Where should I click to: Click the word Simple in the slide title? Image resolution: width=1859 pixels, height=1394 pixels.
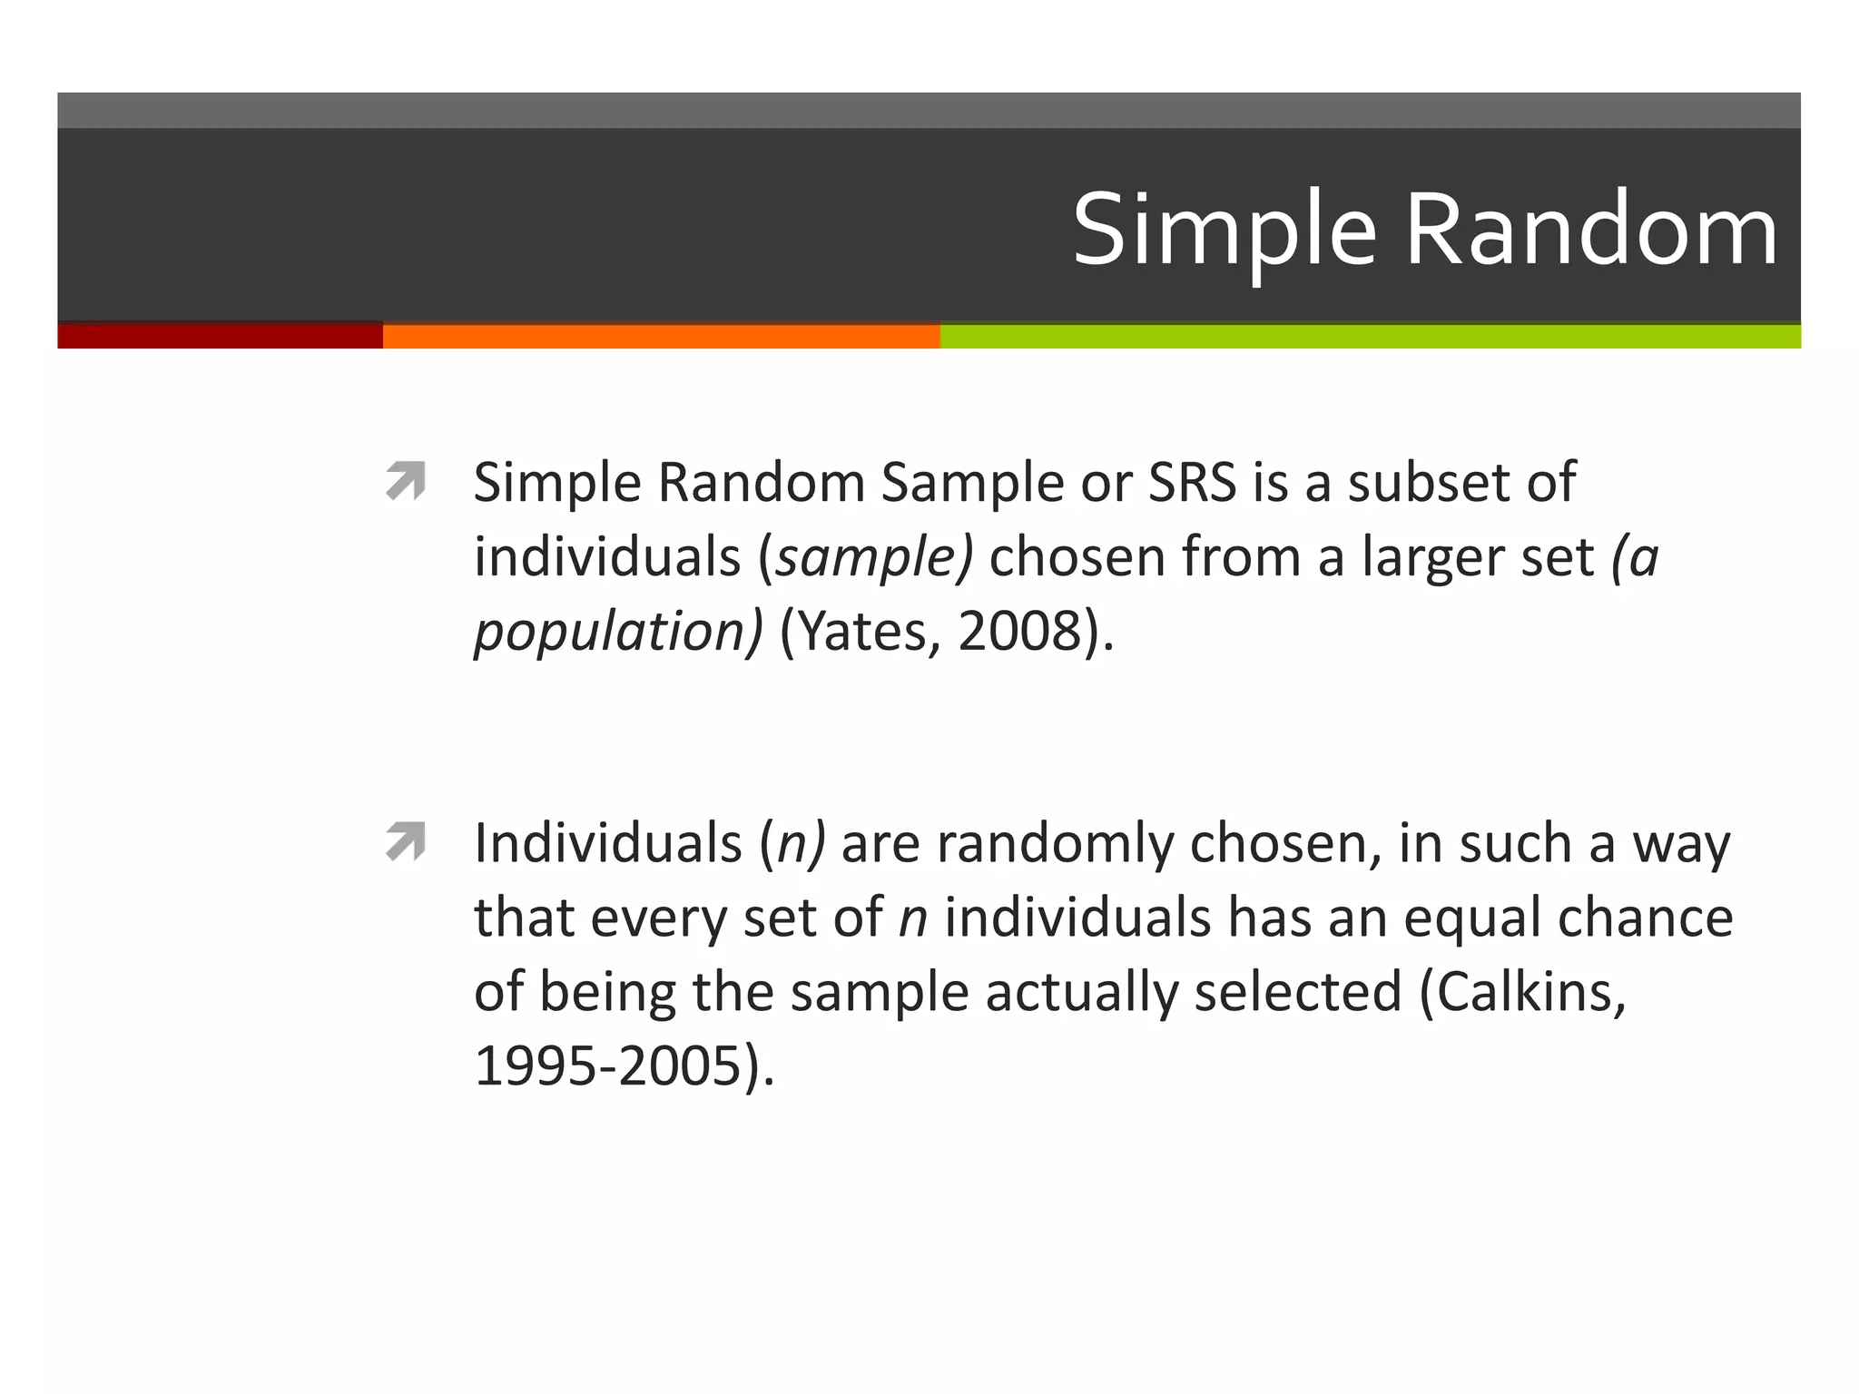pyautogui.click(x=1225, y=231)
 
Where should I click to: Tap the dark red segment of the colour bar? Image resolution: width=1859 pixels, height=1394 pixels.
pyautogui.click(x=220, y=336)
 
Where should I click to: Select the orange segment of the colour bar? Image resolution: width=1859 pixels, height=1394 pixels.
pyautogui.click(x=661, y=336)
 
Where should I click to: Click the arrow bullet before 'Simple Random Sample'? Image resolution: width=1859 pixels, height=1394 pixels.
pyautogui.click(x=405, y=481)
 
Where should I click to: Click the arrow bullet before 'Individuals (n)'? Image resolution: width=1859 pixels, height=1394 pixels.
pyautogui.click(x=405, y=841)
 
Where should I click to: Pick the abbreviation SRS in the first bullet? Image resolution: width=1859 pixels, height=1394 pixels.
pyautogui.click(x=1192, y=482)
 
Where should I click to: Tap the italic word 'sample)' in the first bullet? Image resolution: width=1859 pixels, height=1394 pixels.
pyautogui.click(x=873, y=557)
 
